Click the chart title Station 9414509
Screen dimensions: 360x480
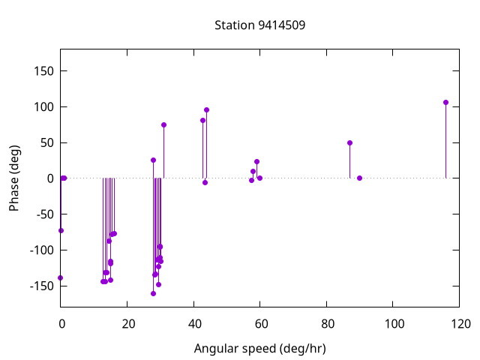259,25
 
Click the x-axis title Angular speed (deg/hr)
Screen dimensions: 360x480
259,349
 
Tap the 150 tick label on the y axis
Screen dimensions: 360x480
43,71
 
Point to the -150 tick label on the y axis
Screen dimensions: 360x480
40,286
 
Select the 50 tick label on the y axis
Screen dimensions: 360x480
46,142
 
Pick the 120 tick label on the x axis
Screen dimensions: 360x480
460,324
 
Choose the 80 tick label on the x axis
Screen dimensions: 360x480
326,324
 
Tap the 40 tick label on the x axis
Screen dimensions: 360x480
193,324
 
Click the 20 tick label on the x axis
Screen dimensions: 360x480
127,324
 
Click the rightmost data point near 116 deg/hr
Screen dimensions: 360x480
445,102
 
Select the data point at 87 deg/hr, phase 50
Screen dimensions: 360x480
349,142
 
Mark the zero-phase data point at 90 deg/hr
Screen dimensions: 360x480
360,178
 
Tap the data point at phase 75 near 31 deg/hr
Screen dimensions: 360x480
163,124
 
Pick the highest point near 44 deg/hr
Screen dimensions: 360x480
206,109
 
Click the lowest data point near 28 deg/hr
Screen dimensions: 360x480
153,293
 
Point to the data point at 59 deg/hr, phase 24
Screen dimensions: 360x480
256,161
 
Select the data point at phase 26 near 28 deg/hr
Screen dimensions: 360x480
153,160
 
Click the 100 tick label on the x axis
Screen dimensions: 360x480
393,324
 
